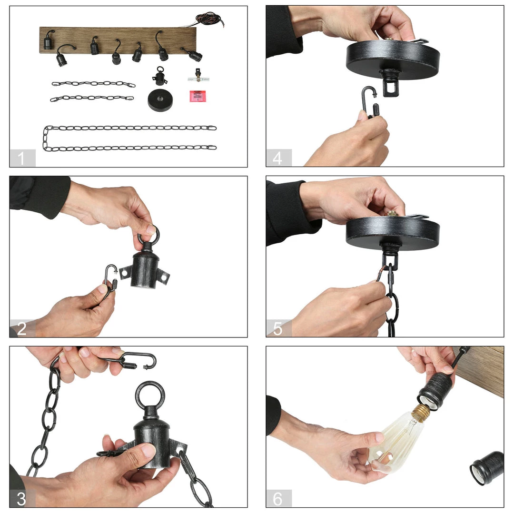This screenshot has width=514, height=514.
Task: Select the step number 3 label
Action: [21, 499]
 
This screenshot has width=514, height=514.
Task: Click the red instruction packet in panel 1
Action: [198, 96]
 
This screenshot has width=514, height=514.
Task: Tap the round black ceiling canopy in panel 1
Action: [160, 100]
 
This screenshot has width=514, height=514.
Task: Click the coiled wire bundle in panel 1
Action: [210, 20]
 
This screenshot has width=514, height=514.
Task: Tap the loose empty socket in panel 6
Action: [487, 468]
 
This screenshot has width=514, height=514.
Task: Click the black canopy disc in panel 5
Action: [393, 232]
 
